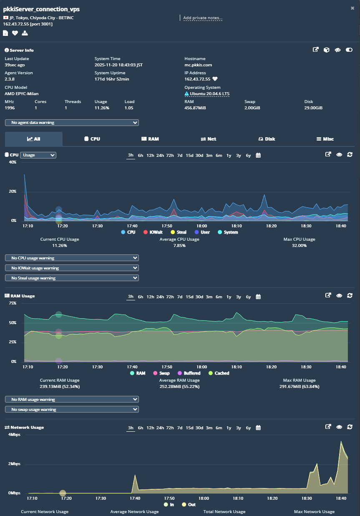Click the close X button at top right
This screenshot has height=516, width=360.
352,8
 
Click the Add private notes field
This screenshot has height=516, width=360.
203,18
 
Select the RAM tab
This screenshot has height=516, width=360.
150,139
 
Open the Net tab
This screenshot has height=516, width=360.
209,139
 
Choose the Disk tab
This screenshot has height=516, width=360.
267,139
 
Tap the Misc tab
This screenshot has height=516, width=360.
325,139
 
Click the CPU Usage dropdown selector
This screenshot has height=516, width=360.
38,155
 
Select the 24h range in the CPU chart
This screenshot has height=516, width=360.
160,156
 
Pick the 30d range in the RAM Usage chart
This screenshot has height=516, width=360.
199,297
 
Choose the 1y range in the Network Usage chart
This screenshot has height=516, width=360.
229,428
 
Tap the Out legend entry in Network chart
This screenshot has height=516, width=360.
188,505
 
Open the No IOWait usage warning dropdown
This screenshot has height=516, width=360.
72,268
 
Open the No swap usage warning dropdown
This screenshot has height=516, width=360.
72,410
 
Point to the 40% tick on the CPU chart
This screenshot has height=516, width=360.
12,162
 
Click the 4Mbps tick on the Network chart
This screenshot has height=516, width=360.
14,435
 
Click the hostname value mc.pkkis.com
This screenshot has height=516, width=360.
198,65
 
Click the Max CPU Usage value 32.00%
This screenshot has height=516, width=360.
299,246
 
